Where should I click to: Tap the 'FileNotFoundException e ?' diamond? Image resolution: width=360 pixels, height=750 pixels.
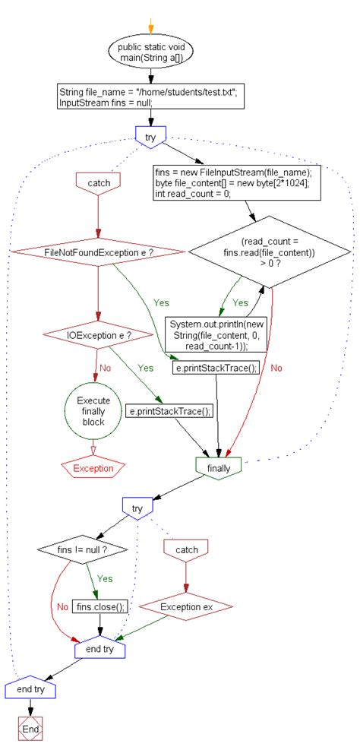click(x=97, y=252)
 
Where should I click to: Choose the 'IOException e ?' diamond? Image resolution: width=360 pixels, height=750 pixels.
click(x=97, y=334)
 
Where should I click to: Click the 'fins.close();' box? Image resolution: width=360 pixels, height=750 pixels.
click(x=100, y=606)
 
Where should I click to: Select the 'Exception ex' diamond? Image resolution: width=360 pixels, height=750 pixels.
click(x=186, y=606)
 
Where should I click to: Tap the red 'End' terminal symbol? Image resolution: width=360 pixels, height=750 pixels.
click(x=31, y=728)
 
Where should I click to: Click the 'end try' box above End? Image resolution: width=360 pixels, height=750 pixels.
click(x=31, y=688)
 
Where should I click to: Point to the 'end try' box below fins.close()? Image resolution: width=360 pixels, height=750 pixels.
click(x=100, y=650)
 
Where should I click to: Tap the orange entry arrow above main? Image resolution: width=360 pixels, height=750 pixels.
click(x=150, y=25)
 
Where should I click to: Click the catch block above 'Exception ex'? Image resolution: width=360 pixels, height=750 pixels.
click(x=186, y=549)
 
